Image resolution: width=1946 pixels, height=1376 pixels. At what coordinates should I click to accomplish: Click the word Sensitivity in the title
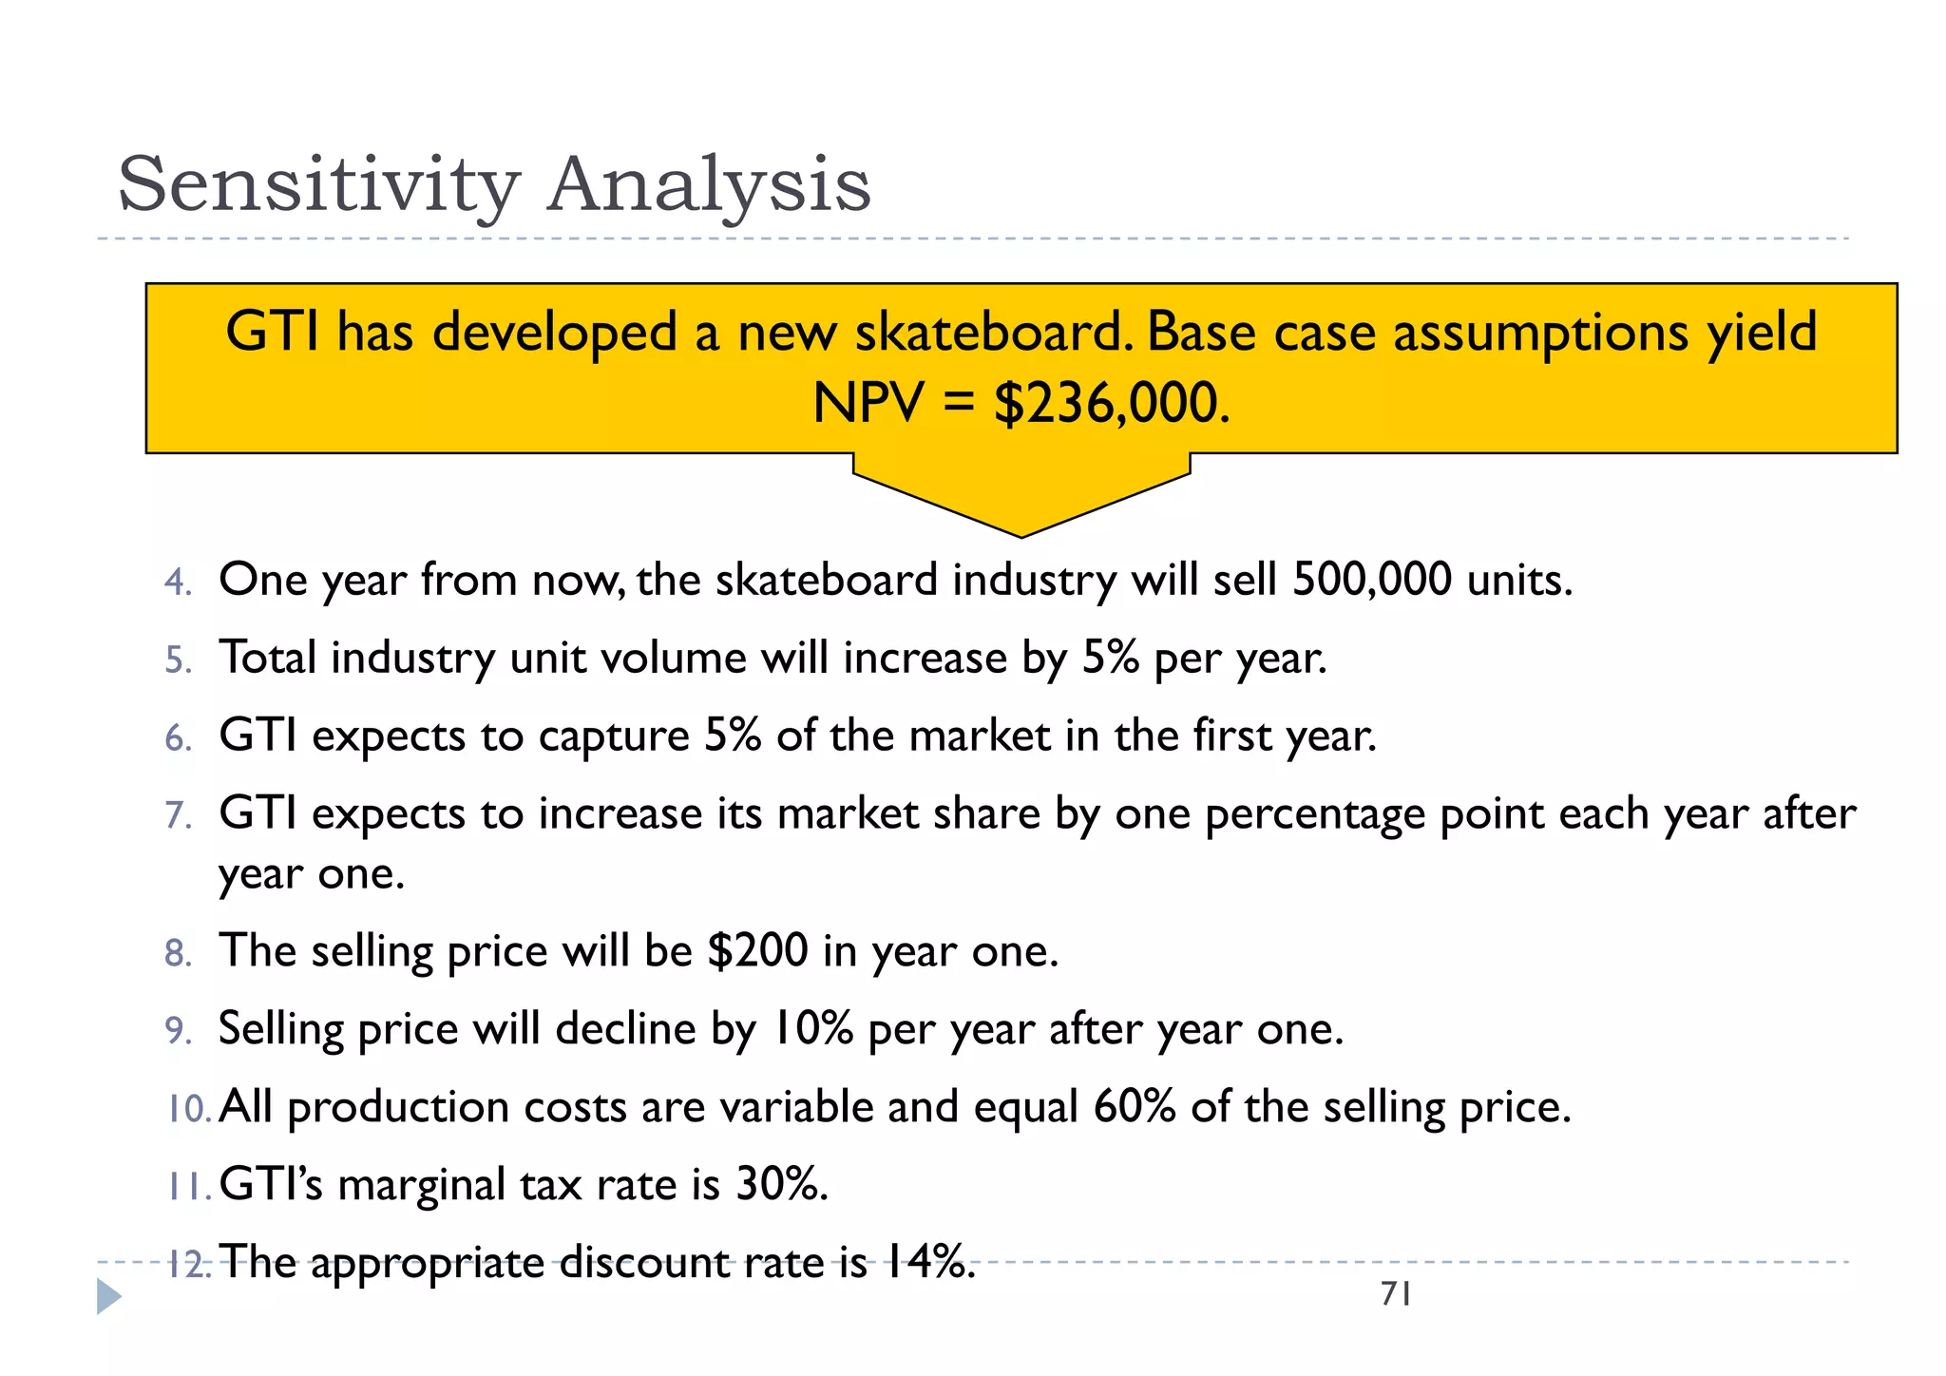318,185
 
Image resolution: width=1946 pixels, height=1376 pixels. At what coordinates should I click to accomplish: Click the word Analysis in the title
708,185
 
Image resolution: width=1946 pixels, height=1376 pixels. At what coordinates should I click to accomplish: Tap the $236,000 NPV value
1111,403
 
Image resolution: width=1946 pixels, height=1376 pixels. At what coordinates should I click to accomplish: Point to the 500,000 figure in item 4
1371,580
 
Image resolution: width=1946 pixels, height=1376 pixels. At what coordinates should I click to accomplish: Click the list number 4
177,582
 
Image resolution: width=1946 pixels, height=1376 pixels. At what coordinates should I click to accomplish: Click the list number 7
177,815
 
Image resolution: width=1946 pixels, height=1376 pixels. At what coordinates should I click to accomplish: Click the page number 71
1396,1294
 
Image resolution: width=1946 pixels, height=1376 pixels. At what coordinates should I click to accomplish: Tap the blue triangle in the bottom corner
109,1297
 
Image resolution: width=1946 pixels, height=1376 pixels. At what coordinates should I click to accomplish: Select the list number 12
188,1265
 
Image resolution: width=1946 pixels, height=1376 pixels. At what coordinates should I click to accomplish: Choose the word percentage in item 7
1315,815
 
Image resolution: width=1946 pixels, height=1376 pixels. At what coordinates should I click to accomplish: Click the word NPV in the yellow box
868,403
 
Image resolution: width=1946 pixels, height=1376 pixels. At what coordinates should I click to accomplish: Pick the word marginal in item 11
422,1185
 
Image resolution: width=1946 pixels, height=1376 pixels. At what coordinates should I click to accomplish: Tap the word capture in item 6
613,736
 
